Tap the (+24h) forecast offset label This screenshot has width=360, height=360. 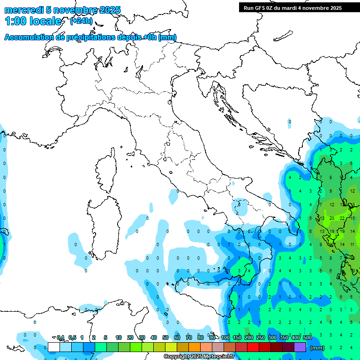(x=81, y=21)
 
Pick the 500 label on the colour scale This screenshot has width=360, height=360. (x=307, y=337)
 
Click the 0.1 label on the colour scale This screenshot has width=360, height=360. (x=60, y=337)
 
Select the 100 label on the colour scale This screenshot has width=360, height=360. (x=225, y=337)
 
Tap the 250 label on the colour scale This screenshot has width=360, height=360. (x=261, y=337)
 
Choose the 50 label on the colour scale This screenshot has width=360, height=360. (x=165, y=337)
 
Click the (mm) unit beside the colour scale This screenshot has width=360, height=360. (x=317, y=348)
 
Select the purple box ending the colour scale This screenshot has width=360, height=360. (x=300, y=347)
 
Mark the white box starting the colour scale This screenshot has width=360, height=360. (x=54, y=347)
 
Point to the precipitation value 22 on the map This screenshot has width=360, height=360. (x=342, y=218)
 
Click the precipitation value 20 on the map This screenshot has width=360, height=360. (x=332, y=218)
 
